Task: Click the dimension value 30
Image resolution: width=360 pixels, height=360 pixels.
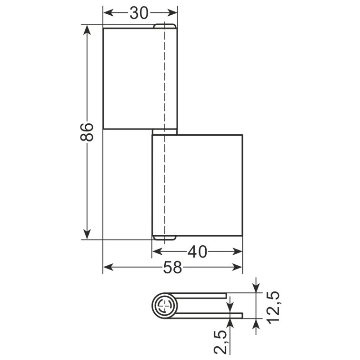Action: (x=139, y=13)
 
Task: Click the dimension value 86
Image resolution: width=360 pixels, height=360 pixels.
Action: (x=87, y=132)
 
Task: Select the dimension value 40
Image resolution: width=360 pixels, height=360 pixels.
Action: (x=198, y=251)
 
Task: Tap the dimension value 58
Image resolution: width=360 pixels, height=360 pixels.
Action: (x=173, y=268)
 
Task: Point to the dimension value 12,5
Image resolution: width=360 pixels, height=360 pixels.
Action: (x=273, y=307)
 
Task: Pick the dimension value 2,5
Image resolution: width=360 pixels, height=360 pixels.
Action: (x=220, y=342)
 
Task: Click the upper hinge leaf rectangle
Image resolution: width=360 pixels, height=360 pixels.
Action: (x=140, y=78)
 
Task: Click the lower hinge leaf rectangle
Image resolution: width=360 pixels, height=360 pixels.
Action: (x=197, y=186)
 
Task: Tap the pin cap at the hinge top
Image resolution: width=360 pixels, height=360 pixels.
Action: (x=165, y=26)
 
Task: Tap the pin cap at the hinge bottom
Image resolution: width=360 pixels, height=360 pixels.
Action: (x=164, y=238)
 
